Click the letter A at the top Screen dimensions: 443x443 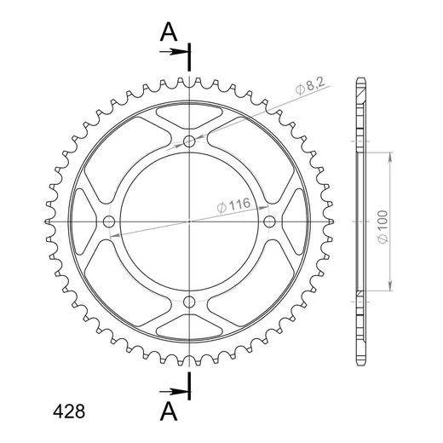pos(170,32)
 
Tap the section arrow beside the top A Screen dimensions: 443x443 pos(176,52)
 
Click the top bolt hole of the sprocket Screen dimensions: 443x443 pos(189,141)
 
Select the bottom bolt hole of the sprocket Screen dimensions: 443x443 pos(189,302)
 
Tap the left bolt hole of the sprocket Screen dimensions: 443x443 pos(108,222)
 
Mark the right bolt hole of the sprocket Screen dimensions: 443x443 pos(270,222)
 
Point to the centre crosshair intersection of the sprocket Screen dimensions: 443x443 pos(189,222)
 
